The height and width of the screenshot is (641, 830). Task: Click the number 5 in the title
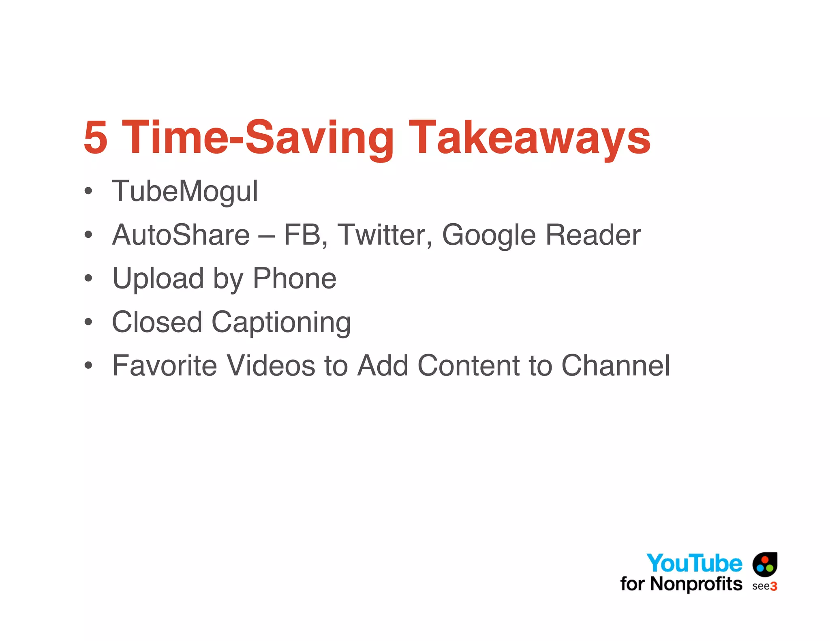click(96, 138)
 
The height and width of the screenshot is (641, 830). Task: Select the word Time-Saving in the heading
click(258, 138)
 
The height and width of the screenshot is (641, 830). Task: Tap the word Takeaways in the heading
click(529, 138)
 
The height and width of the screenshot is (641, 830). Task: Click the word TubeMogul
click(185, 191)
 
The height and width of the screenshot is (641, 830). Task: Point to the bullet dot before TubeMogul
click(88, 191)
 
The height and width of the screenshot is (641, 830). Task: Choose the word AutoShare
click(181, 235)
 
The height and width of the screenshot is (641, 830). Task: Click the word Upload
click(158, 279)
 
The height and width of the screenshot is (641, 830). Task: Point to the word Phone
click(295, 278)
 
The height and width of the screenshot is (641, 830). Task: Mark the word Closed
click(157, 322)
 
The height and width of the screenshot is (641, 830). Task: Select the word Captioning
click(281, 323)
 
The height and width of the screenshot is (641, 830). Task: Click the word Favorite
click(165, 365)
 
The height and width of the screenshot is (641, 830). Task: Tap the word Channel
click(616, 365)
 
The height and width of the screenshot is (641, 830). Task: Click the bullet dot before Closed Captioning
click(88, 322)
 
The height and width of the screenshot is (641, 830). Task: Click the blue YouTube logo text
click(694, 563)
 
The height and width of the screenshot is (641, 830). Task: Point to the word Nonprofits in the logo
click(696, 584)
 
